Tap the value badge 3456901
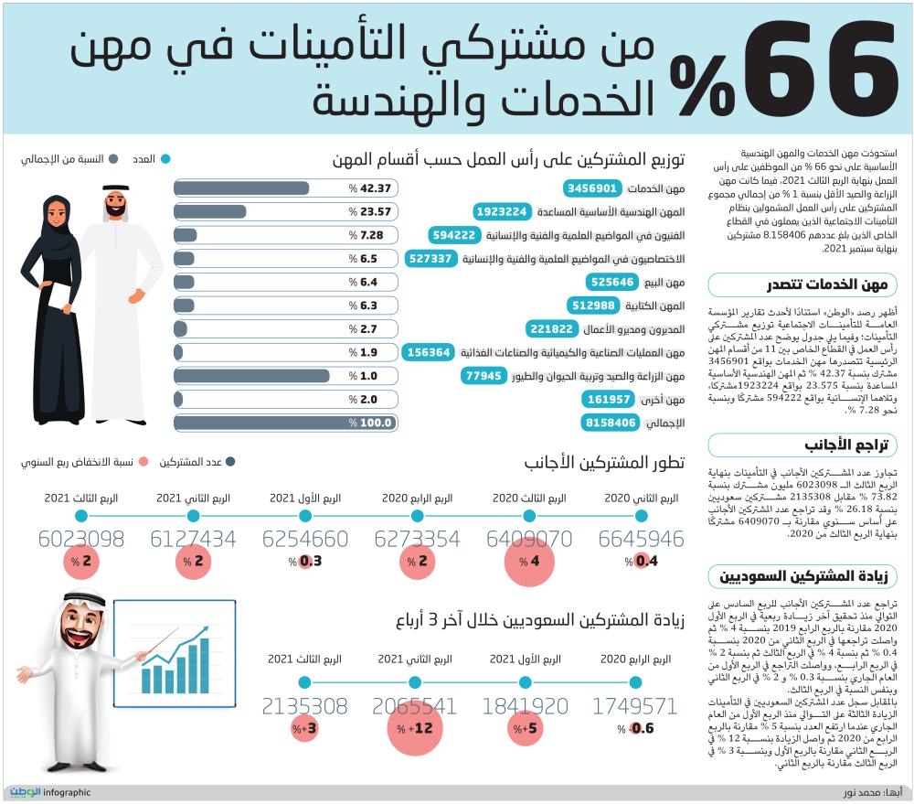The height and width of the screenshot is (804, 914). tap(591, 188)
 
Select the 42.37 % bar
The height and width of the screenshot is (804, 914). tap(285, 188)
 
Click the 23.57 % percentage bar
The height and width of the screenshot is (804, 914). tap(285, 211)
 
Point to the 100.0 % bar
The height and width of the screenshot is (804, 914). tap(285, 423)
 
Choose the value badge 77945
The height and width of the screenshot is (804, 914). tap(484, 376)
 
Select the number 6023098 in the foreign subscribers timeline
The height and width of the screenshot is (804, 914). tap(80, 539)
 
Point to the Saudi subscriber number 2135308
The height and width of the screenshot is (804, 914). tap(303, 706)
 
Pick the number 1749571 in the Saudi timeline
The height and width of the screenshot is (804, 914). tap(634, 706)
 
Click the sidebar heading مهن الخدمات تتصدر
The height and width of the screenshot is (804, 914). tap(802, 284)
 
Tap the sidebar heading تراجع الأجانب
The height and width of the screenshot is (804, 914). tap(802, 445)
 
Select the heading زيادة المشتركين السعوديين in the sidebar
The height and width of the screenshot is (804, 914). tap(802, 577)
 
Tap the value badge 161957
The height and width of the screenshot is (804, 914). tap(610, 400)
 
